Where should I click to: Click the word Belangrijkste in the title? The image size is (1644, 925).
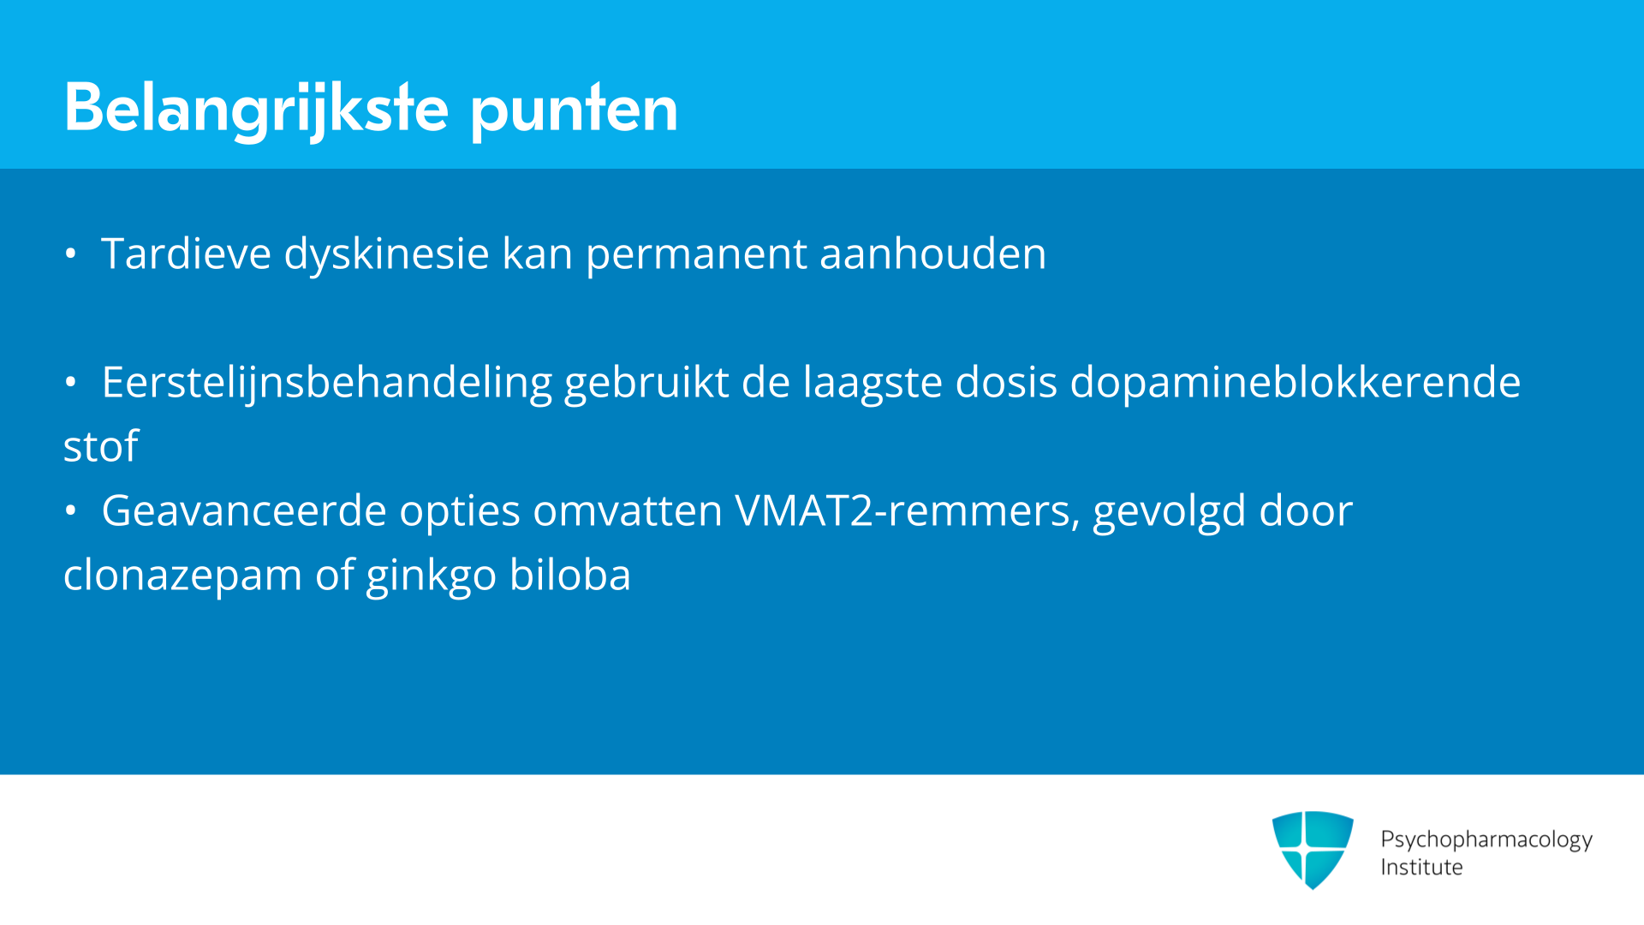coord(256,110)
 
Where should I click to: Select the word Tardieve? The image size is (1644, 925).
coord(186,254)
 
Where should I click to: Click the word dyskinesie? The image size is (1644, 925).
coord(386,255)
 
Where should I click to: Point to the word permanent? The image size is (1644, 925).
coord(696,255)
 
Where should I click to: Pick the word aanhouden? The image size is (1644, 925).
coord(932,254)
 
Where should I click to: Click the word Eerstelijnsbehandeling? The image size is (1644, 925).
coord(326,383)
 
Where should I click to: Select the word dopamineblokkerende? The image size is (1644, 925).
coord(1296,383)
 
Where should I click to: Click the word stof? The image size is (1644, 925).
coord(101,446)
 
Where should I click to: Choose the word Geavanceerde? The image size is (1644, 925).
coord(244,510)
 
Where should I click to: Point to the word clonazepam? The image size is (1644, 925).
coord(182,576)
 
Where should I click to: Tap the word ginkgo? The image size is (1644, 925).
coord(431,576)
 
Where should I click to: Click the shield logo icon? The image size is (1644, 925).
coord(1313,850)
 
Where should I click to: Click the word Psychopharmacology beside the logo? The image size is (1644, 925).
coord(1486,839)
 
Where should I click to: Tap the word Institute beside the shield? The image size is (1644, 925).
coord(1421,867)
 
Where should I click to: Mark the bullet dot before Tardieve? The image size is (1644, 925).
coord(71,254)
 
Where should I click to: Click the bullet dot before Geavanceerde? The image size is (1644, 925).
coord(71,511)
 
